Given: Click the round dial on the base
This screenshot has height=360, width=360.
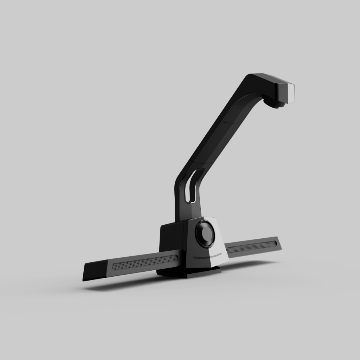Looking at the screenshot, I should click(205, 233).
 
